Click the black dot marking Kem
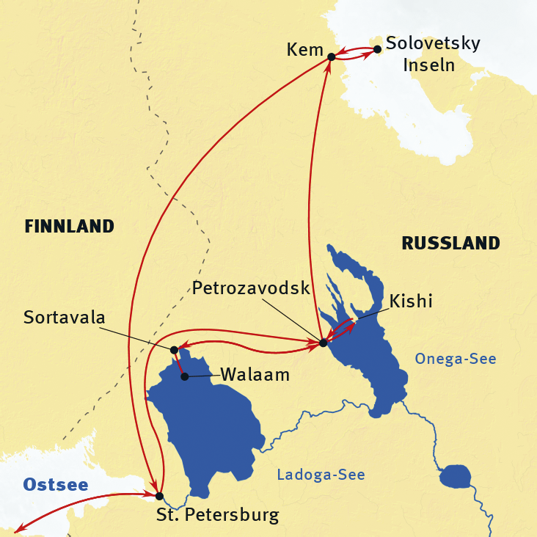332,56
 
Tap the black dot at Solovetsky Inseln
377,50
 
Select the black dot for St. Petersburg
159,496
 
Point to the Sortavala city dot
174,350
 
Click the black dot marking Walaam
185,376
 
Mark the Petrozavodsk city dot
323,343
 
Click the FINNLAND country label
70,227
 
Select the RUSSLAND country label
450,243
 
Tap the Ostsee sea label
56,485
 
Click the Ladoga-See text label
321,475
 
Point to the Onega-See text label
455,359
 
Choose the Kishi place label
412,301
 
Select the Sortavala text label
65,318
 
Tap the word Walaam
255,375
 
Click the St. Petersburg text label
218,515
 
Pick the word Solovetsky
433,43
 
